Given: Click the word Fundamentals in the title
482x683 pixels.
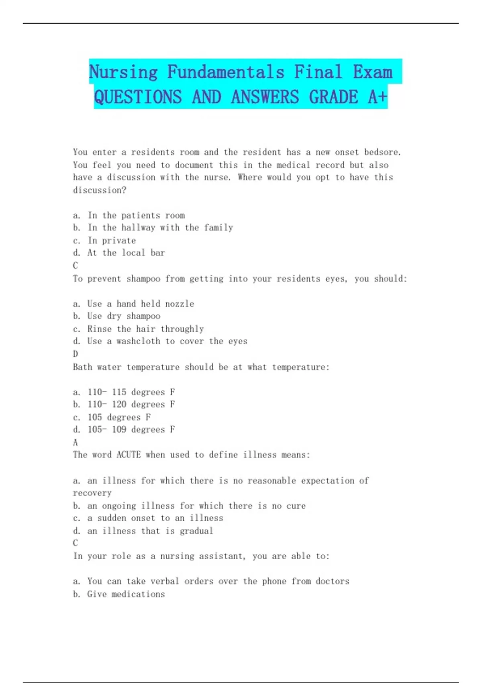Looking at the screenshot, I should click(225, 72).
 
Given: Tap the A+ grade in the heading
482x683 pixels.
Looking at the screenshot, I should click(378, 97).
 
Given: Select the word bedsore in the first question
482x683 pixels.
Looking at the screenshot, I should click(382, 152).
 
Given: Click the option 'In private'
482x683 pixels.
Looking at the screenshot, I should click(112, 241).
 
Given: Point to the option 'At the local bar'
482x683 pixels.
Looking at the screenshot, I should click(126, 253).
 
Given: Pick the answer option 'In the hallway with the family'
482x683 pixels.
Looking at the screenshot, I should click(160, 228).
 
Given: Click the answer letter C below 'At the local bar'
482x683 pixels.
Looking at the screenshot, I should click(76, 266).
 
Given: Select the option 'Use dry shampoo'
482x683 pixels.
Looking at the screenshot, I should click(124, 316).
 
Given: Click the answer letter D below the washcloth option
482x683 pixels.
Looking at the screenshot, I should click(76, 354).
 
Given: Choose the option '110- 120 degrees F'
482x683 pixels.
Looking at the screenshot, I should click(131, 404).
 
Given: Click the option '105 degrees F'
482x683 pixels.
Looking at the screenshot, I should click(119, 417).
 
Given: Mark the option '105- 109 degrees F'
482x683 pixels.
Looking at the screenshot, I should click(131, 429).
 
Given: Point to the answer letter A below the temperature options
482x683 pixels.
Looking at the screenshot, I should click(76, 442).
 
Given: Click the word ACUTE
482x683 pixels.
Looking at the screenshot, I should click(129, 455).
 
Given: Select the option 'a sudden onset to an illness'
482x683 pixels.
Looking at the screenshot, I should click(155, 518).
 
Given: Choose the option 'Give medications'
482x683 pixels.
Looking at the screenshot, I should click(126, 594).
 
